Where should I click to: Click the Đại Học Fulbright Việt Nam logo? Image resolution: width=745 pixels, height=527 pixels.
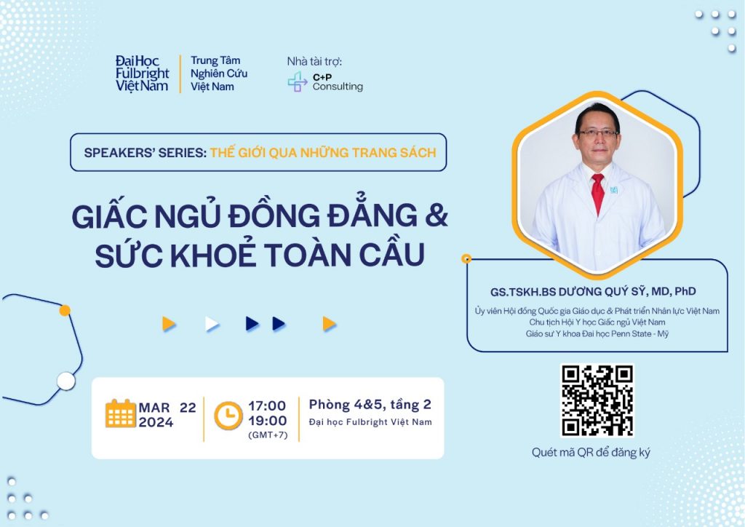[142, 74]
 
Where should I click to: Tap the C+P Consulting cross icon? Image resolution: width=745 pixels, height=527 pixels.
[298, 82]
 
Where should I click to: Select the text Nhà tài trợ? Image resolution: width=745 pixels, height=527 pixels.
[314, 61]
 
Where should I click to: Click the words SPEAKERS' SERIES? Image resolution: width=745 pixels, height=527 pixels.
[145, 153]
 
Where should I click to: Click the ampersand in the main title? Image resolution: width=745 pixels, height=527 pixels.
[437, 215]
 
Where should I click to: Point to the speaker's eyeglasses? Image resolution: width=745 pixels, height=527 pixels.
[598, 133]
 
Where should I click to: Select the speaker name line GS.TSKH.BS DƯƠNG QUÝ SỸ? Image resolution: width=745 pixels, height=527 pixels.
[567, 291]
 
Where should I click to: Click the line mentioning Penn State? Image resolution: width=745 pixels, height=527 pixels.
[597, 334]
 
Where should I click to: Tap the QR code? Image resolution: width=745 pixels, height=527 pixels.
[597, 400]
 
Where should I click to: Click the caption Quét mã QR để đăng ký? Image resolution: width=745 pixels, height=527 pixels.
[591, 453]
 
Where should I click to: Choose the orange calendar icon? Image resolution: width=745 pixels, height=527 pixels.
[120, 413]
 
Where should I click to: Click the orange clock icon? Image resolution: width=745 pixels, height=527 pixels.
[228, 416]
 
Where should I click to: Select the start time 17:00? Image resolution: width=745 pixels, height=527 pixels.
[267, 406]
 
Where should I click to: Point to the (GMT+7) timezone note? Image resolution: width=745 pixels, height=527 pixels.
[268, 435]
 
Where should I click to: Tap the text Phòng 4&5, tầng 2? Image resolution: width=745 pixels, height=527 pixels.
[370, 405]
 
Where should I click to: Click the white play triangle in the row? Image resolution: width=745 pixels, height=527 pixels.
[212, 324]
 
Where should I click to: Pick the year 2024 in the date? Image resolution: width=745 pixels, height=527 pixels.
[156, 422]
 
